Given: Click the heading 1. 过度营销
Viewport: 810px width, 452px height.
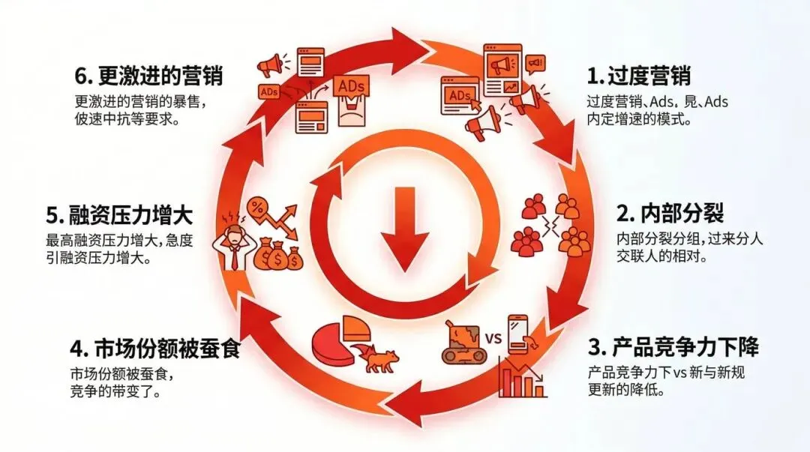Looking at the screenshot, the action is [x=638, y=76].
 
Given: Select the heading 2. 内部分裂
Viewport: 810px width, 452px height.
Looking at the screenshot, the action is [x=670, y=214].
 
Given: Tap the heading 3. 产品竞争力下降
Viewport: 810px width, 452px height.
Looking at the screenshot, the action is [x=673, y=347].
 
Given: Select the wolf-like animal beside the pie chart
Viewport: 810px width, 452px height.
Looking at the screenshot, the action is [x=379, y=357].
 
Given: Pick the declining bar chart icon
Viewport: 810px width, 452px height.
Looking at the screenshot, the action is [x=522, y=379].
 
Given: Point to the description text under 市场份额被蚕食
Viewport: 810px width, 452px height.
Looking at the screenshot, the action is [x=127, y=382].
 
